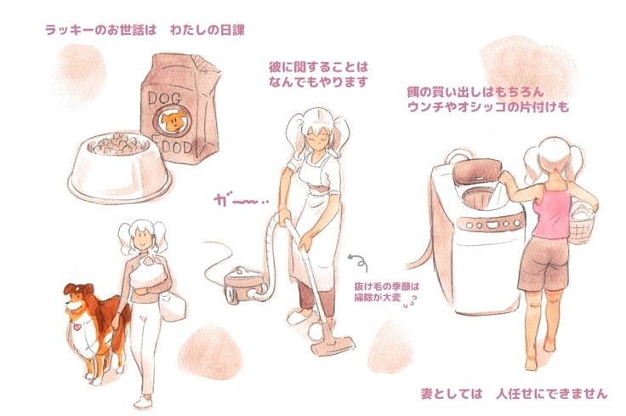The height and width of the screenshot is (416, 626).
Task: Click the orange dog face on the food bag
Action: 173,120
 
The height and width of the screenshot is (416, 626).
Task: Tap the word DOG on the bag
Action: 164,98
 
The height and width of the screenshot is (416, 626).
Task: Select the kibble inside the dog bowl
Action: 117,144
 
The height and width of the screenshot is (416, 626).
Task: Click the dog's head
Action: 79,298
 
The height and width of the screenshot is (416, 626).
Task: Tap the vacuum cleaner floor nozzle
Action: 333,345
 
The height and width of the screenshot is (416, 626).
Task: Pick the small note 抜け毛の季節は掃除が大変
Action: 386,292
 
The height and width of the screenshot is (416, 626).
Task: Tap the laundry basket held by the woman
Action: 583,224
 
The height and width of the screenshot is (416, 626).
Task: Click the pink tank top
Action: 553,214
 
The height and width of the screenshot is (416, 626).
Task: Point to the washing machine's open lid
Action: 476,172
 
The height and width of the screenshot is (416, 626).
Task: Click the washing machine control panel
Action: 491,224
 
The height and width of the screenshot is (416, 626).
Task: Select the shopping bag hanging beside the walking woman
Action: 173,305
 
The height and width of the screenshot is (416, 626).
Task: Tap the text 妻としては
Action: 452,394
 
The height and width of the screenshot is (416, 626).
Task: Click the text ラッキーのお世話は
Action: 100,30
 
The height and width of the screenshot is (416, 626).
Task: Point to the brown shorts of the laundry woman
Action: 544,263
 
